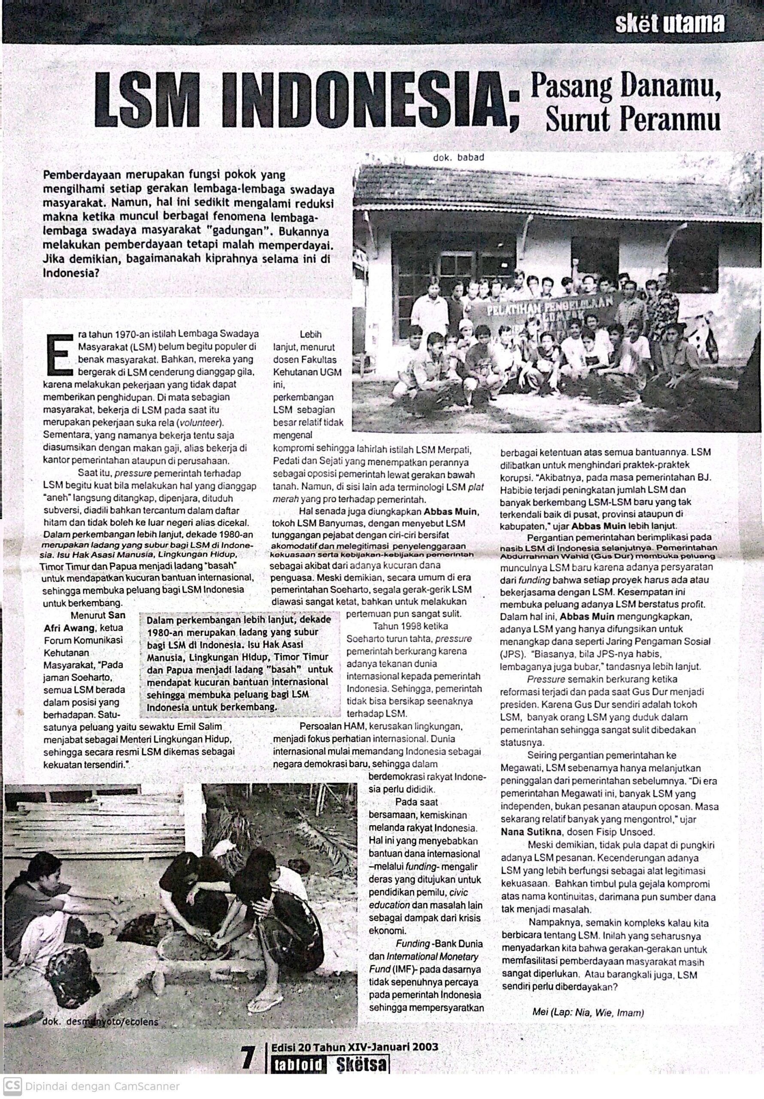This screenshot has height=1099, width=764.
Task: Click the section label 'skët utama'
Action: tap(670, 24)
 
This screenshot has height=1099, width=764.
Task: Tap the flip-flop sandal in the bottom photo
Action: tap(266, 999)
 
